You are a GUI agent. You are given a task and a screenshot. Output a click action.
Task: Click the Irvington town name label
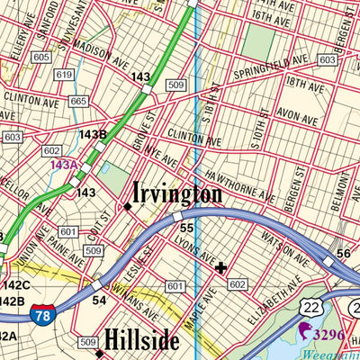point(177,193)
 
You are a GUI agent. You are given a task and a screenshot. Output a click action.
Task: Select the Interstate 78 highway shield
point(43,314)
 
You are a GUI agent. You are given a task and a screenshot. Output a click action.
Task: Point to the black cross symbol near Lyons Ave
point(220,267)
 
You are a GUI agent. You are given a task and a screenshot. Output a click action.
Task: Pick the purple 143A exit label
point(64,165)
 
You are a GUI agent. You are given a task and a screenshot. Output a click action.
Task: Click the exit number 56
point(343,254)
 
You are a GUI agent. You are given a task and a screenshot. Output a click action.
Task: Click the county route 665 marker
point(78,102)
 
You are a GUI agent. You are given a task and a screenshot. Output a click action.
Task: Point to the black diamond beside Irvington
point(128,206)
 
